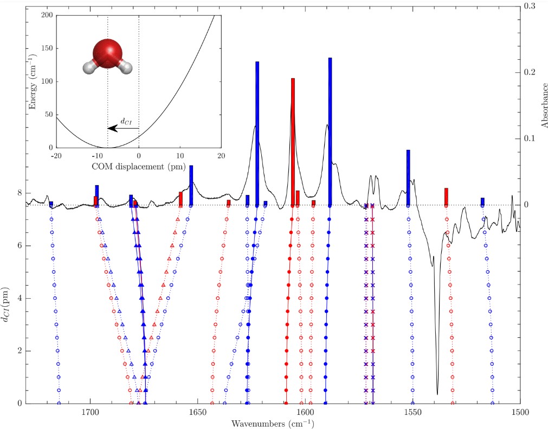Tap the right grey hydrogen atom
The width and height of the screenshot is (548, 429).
click(x=126, y=67)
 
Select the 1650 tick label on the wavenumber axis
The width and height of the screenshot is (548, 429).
click(x=197, y=412)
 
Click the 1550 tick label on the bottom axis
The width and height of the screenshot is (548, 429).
click(x=412, y=412)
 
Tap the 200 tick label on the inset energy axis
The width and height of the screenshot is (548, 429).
click(x=47, y=15)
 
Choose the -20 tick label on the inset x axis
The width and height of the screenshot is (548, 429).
click(x=55, y=156)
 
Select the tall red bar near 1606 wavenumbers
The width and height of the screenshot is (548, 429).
click(x=293, y=141)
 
